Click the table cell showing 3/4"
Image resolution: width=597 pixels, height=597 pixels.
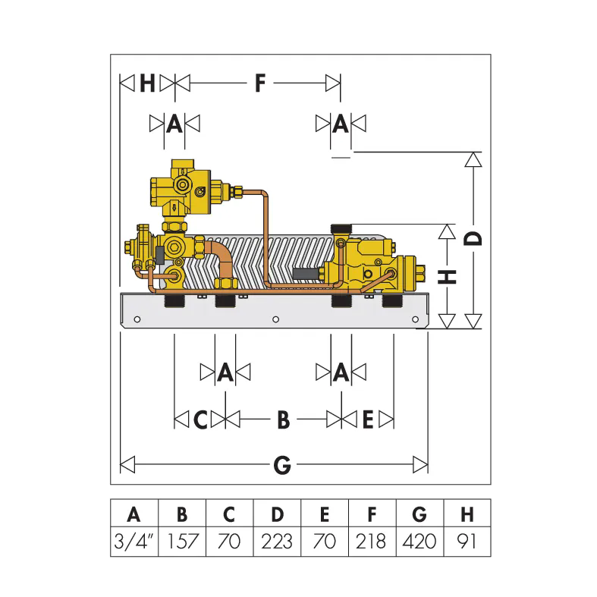134,541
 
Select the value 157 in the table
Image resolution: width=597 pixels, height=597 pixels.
183,541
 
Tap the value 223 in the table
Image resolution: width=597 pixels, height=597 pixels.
277,541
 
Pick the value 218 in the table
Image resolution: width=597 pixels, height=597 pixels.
371,541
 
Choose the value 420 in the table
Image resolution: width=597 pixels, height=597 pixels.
419,541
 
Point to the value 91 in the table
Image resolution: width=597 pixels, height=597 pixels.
466,541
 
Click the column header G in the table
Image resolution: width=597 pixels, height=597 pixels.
419,514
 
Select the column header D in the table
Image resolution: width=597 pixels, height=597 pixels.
277,514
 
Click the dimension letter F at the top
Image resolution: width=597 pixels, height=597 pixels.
260,83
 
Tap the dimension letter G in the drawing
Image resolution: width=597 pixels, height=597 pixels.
282,465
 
